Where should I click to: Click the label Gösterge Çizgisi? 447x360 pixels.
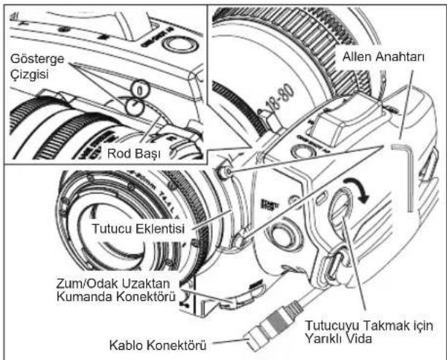[x=37, y=66]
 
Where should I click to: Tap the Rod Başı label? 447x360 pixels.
[x=134, y=153]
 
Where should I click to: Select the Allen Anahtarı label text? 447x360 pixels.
[x=383, y=57]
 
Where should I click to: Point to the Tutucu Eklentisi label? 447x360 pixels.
[x=138, y=229]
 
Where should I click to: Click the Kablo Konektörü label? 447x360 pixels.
[x=158, y=345]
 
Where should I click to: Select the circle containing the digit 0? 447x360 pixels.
[x=140, y=91]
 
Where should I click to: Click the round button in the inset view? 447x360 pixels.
[x=179, y=43]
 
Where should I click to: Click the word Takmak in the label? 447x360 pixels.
[x=381, y=326]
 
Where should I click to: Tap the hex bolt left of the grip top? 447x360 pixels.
[x=225, y=171]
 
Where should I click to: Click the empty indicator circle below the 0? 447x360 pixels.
[x=135, y=107]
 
